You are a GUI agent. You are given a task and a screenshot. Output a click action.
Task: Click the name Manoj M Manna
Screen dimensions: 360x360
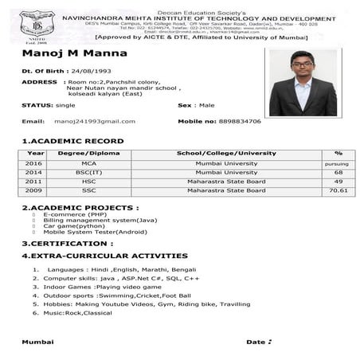point(64,53)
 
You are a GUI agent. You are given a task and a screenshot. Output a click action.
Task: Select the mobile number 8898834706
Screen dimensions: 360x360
point(235,121)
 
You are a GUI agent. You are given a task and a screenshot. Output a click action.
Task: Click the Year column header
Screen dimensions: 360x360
point(35,152)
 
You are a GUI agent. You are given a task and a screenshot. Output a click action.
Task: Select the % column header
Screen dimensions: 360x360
point(338,152)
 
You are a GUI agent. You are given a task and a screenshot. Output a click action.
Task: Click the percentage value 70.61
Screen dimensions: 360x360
point(338,191)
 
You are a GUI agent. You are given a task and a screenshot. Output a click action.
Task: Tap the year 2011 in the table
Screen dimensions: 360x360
point(34,182)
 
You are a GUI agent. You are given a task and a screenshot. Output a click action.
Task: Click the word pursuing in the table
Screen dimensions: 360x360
point(338,163)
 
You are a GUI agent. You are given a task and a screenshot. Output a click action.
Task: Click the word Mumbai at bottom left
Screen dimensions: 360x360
point(37,341)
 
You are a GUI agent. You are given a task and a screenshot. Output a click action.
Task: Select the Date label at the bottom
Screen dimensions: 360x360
point(256,341)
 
